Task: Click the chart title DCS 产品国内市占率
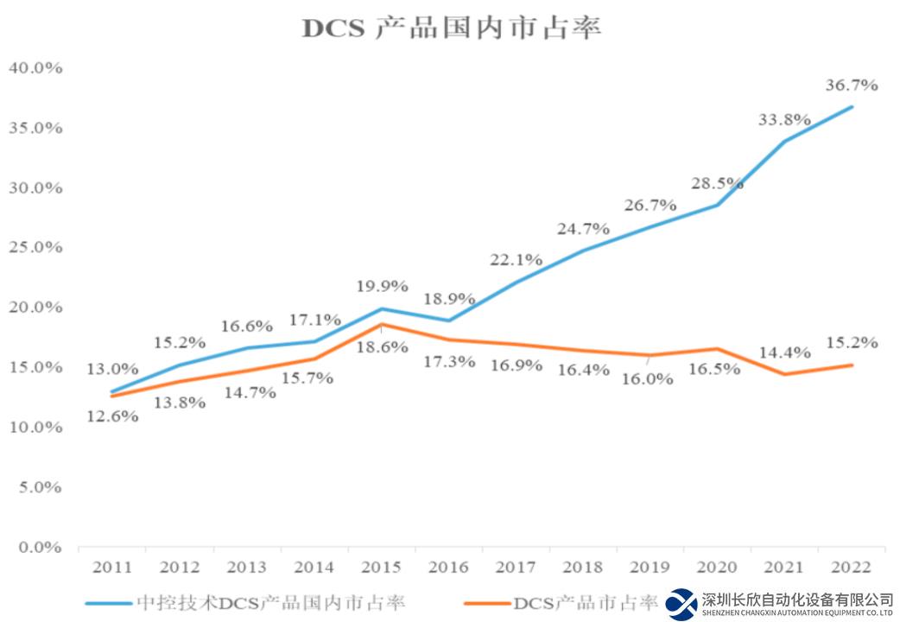click(x=451, y=29)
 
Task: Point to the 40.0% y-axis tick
click(x=35, y=67)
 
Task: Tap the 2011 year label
click(x=112, y=568)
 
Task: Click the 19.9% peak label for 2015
click(x=382, y=287)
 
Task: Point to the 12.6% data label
click(x=111, y=416)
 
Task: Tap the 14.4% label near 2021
click(x=784, y=352)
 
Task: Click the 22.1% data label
click(x=516, y=259)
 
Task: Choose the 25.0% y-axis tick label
click(x=35, y=247)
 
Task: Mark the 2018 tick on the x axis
click(x=583, y=568)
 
